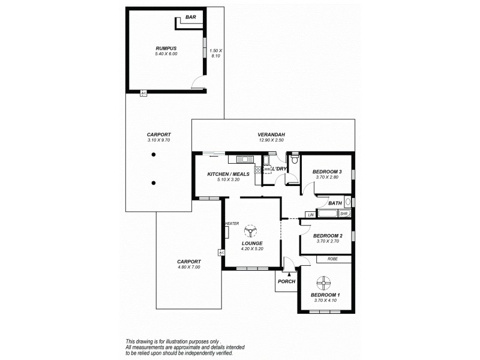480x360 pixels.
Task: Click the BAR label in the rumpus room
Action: (191, 18)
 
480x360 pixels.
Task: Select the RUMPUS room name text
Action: (166, 48)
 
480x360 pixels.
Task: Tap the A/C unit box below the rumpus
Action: (143, 93)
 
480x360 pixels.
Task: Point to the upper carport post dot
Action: (154, 155)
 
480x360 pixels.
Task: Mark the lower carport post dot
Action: (154, 183)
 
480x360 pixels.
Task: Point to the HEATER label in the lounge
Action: (232, 223)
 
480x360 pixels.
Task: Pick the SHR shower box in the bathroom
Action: (344, 214)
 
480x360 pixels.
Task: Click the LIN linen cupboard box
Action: (311, 214)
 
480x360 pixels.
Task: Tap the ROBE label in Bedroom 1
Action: (332, 259)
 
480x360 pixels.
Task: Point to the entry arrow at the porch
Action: (289, 273)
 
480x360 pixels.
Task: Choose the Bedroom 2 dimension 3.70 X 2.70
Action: (328, 241)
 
